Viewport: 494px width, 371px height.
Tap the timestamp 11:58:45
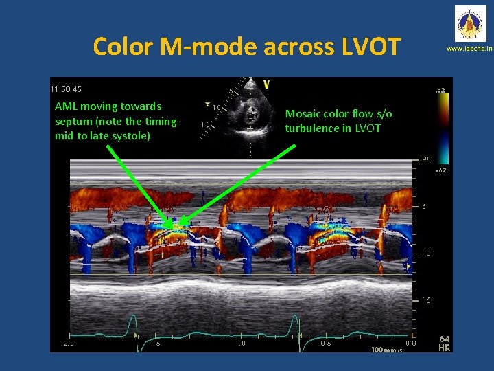[66, 89]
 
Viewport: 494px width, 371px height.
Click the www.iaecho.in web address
[469, 50]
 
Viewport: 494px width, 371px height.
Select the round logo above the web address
[469, 25]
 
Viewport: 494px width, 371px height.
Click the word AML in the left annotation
[67, 106]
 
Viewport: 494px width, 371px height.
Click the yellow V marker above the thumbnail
[266, 84]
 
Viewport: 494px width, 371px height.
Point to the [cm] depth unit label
[427, 158]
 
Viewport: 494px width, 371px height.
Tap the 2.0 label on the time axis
[68, 343]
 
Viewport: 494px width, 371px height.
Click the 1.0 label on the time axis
[240, 343]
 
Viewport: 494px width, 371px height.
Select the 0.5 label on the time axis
[327, 343]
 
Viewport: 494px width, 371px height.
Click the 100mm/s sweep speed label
[386, 350]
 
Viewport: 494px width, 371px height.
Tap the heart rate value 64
[445, 339]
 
